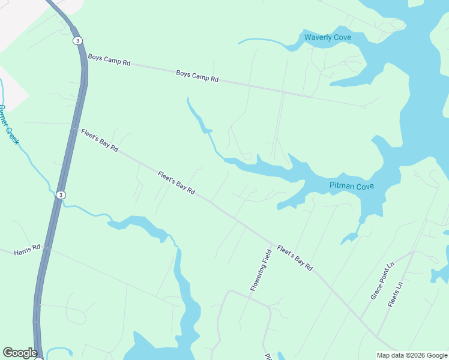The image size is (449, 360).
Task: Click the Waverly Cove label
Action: (327, 37)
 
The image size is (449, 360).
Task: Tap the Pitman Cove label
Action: (352, 186)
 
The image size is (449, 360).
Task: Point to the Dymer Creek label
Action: (9, 125)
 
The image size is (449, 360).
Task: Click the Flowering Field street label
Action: (261, 268)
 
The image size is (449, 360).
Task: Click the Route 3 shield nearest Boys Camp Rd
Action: (77, 41)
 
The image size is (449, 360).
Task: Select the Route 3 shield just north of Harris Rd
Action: (61, 195)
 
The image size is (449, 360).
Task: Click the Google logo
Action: (20, 353)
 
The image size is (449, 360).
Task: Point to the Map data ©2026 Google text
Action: (411, 355)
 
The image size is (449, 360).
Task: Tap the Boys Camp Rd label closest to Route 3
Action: (109, 61)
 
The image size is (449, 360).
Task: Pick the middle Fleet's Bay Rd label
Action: (176, 183)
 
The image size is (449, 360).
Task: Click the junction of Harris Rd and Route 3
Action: (46, 247)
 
